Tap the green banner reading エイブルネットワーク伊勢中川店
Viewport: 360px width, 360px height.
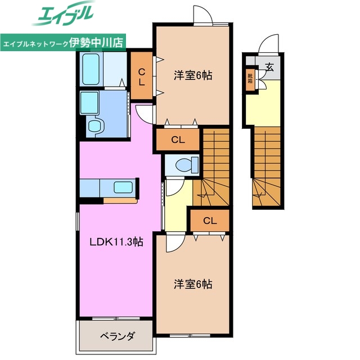pyautogui.click(x=64, y=43)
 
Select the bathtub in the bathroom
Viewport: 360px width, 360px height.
pyautogui.click(x=91, y=69)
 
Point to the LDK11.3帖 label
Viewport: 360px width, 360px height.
pyautogui.click(x=117, y=242)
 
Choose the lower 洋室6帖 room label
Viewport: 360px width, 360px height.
pyautogui.click(x=193, y=285)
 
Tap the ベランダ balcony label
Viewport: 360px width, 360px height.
pyautogui.click(x=118, y=337)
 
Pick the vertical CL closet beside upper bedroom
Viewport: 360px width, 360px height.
pyautogui.click(x=142, y=75)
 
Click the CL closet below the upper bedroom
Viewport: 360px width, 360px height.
pyautogui.click(x=178, y=139)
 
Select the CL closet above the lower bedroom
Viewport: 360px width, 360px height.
pyautogui.click(x=210, y=220)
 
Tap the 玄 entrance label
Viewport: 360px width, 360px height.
pyautogui.click(x=269, y=67)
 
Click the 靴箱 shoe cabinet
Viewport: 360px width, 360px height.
pyautogui.click(x=249, y=78)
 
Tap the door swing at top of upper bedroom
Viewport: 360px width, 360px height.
pyautogui.click(x=201, y=16)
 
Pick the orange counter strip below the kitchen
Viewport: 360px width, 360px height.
pyautogui.click(x=119, y=200)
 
